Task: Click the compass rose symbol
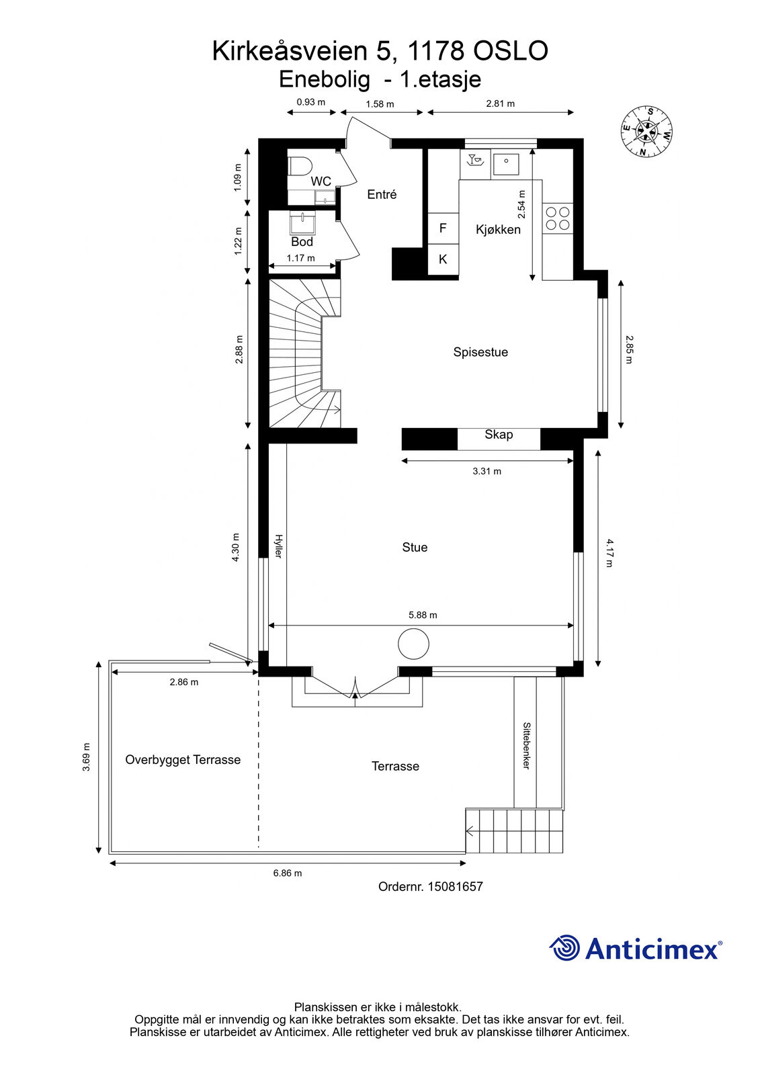pyautogui.click(x=646, y=132)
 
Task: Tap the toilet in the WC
pyautogui.click(x=300, y=167)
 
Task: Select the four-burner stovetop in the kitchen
pyautogui.click(x=558, y=218)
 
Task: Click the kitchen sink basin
pyautogui.click(x=506, y=164)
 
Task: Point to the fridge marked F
pyautogui.click(x=443, y=228)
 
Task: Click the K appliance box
pyautogui.click(x=443, y=259)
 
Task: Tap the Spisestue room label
pyautogui.click(x=480, y=352)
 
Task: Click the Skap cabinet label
pyautogui.click(x=499, y=434)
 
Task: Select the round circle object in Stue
pyautogui.click(x=413, y=644)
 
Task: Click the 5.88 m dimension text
pyautogui.click(x=423, y=615)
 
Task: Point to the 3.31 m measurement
pyautogui.click(x=487, y=471)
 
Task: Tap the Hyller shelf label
pyautogui.click(x=278, y=546)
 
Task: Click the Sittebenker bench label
pyautogui.click(x=526, y=746)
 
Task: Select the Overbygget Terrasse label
pyautogui.click(x=183, y=760)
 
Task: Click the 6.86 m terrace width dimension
pyautogui.click(x=288, y=873)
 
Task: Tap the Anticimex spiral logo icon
pyautogui.click(x=564, y=947)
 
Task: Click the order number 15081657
pyautogui.click(x=455, y=886)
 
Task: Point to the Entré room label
pyautogui.click(x=382, y=194)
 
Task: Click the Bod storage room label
pyautogui.click(x=302, y=242)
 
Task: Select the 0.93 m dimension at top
pyautogui.click(x=310, y=101)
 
